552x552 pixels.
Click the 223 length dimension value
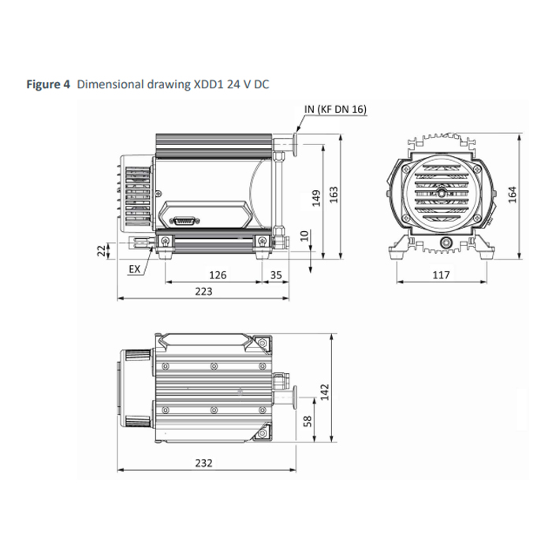(x=203, y=292)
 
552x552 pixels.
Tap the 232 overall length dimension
(x=203, y=463)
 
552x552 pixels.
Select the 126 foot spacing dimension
(x=218, y=275)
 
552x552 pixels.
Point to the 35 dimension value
(x=276, y=275)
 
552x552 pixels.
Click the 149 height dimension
(x=316, y=198)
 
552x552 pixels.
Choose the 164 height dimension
(x=513, y=194)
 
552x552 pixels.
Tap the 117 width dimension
(x=441, y=275)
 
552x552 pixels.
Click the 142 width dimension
(x=325, y=392)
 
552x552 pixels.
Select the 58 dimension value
(x=307, y=421)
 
